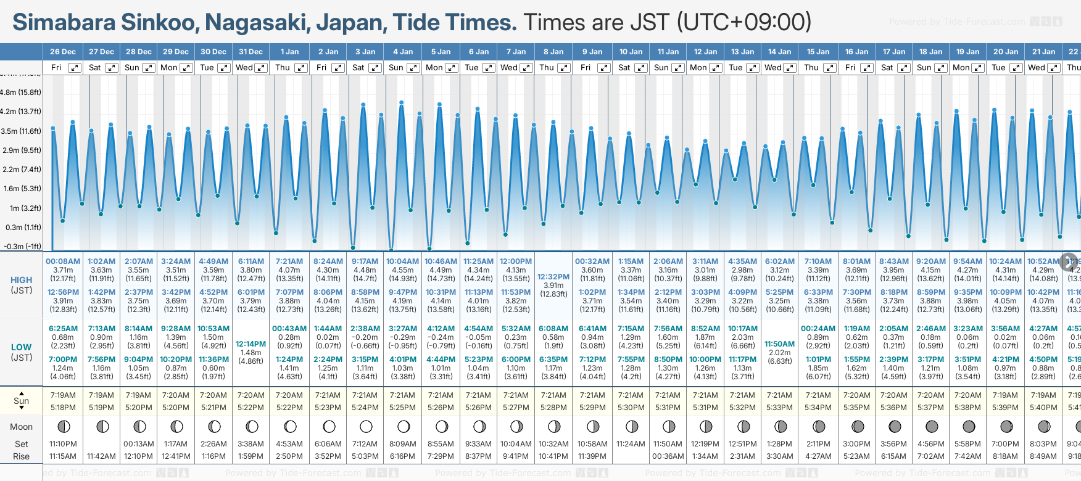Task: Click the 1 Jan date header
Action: pos(289,52)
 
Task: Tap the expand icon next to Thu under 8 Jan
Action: pos(563,68)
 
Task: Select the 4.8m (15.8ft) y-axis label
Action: pos(21,92)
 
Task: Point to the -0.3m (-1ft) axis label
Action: pos(22,247)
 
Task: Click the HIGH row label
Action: pos(22,280)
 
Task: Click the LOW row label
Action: pos(22,347)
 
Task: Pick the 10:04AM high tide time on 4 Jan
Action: pos(402,261)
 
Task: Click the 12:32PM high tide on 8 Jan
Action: pos(553,277)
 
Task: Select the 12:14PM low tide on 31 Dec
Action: pos(251,344)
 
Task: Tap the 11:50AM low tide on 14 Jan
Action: pos(779,344)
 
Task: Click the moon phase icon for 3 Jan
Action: pos(366,426)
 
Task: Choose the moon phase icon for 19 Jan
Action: pos(969,426)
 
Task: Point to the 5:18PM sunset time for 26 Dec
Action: pos(63,408)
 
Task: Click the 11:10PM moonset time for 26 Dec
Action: pos(63,444)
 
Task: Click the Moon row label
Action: pos(22,427)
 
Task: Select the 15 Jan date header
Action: pos(819,52)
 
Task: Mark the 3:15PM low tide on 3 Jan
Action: pos(365,360)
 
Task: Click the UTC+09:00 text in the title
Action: pos(744,23)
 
